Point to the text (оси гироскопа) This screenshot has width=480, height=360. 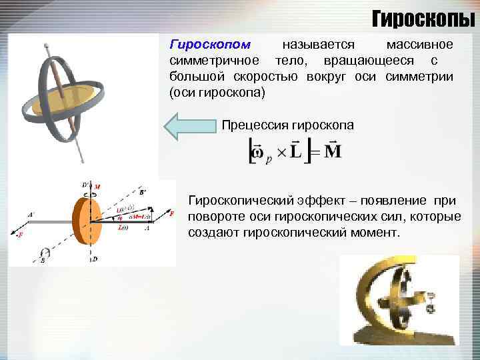217,93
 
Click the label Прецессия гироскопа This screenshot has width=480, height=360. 288,125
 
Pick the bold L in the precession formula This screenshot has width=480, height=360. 295,152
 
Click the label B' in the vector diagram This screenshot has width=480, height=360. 143,191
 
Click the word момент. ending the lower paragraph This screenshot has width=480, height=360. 379,233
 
